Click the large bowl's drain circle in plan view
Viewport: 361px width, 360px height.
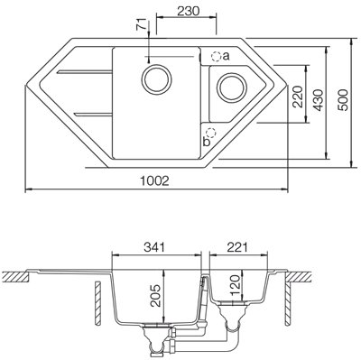pos(157,76)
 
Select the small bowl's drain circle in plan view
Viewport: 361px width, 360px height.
pos(231,88)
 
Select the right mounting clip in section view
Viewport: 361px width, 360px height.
pos(287,291)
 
